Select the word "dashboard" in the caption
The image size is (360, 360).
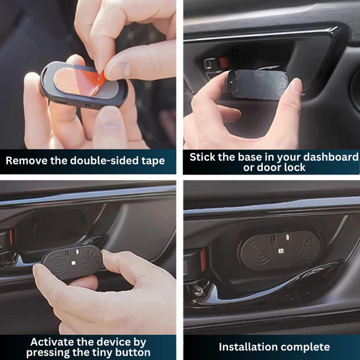point(331,157)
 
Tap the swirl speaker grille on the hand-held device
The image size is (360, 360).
point(91,260)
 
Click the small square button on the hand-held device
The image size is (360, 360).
point(73,263)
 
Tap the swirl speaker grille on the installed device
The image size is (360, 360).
point(305,248)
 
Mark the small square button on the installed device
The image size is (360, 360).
point(281,251)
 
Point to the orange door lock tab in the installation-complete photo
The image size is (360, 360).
point(203,259)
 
